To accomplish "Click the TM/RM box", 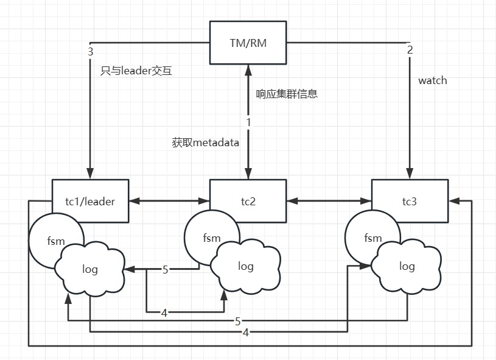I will coord(248,42).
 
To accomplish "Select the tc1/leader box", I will coord(90,201).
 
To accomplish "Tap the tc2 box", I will coord(248,201).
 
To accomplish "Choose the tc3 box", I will coord(410,201).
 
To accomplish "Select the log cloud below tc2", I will coord(246,266).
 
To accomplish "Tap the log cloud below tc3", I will coord(407,266).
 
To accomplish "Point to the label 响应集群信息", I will coord(287,94).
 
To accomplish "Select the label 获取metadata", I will coord(206,143).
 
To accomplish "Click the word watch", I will coord(433,80).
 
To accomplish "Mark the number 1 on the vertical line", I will coord(248,122).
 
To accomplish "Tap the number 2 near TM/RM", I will coord(410,50).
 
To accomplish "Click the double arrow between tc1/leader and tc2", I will coord(169,199).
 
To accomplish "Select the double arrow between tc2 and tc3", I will coord(329,199).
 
